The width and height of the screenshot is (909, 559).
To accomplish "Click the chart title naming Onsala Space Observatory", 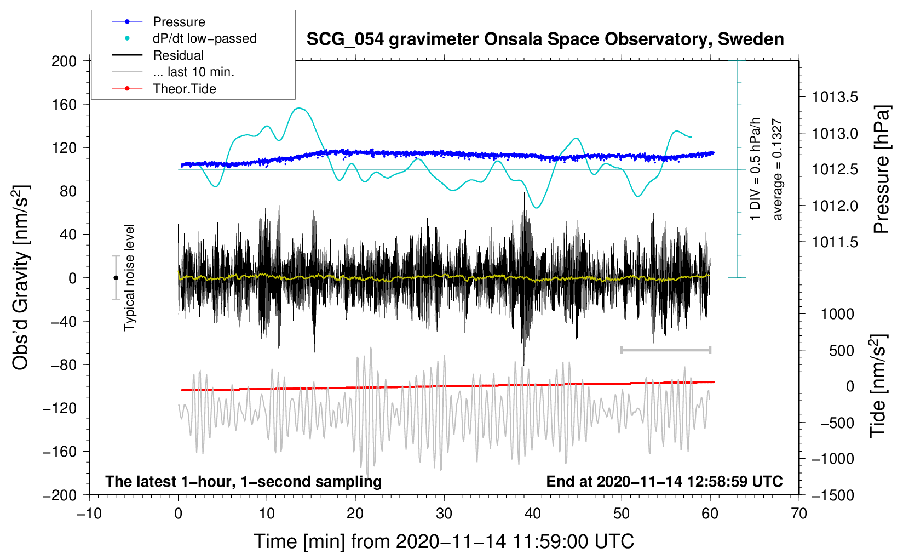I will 545,39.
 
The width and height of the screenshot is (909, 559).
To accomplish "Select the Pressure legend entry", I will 179,22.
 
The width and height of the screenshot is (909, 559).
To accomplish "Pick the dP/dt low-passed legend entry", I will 204,38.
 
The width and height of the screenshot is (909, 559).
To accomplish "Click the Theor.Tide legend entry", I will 184,89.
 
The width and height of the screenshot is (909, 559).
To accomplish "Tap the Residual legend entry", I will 178,55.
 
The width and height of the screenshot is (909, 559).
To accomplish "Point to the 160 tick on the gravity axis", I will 64,104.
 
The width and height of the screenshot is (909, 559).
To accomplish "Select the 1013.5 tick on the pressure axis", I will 835,98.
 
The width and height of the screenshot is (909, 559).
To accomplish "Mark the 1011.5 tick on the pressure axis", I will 835,242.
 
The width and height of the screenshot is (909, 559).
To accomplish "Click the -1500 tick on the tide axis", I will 833,495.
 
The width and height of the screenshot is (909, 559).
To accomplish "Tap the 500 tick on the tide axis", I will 841,351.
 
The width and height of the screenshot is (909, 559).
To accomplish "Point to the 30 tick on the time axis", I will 444,514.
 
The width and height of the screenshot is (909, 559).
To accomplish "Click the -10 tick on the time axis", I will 89,514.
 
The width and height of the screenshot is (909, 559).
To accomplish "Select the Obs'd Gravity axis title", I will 21,277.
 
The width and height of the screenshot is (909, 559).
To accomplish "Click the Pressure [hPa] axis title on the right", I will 881,170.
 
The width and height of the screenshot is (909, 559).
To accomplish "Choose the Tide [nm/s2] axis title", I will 878,386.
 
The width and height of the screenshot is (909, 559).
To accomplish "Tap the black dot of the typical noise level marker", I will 116,278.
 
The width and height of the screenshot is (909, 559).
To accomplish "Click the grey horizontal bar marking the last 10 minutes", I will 665,350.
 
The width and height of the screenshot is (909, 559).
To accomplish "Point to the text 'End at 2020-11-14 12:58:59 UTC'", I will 664,481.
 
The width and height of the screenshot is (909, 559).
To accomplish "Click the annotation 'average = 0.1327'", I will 778,170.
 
